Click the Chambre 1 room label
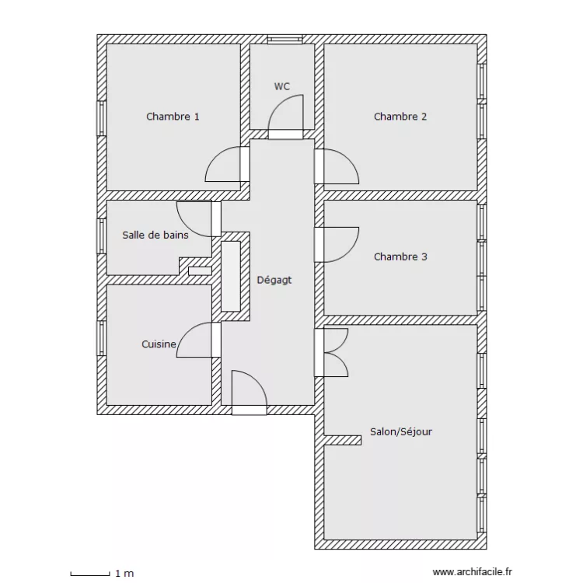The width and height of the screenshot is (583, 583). click(x=173, y=117)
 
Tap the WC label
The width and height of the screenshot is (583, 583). click(x=282, y=86)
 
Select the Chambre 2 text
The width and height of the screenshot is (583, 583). click(x=400, y=117)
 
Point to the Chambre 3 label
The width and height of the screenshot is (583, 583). click(x=400, y=257)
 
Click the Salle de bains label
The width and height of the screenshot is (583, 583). click(x=155, y=235)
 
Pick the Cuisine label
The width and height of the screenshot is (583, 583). click(x=159, y=344)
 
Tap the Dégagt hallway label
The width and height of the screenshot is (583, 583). click(x=274, y=281)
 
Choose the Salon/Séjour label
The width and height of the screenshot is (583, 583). click(x=401, y=431)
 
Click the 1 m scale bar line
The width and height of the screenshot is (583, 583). click(x=90, y=575)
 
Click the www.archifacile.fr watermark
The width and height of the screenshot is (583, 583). click(x=472, y=572)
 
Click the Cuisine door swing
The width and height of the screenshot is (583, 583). click(x=186, y=331)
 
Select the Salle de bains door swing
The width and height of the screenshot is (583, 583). click(x=186, y=227)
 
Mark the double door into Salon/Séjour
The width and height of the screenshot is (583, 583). click(x=336, y=352)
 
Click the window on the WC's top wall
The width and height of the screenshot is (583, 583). click(x=285, y=40)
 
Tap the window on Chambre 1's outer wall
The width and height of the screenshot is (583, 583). click(x=102, y=118)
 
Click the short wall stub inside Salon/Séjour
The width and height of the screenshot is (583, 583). click(x=343, y=440)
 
